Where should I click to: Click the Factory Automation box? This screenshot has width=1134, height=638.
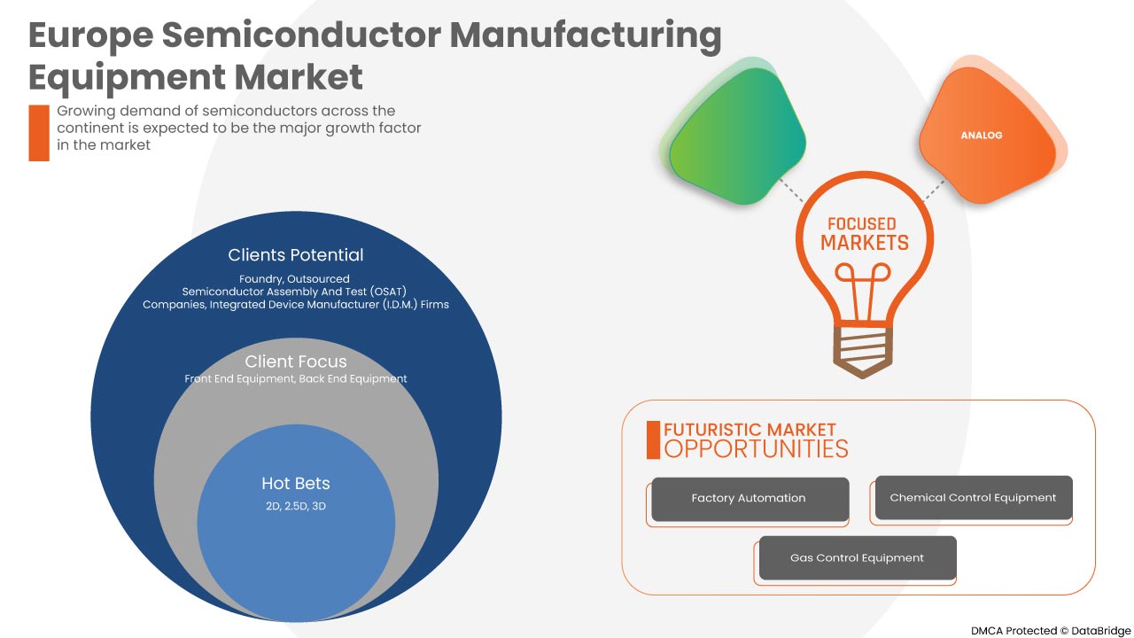[750, 499]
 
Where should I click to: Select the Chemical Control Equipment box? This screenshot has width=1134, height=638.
[973, 498]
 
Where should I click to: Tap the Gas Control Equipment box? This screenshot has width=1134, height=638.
[858, 558]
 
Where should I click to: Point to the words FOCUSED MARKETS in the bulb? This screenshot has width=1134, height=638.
[864, 233]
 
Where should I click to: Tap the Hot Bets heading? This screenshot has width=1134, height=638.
[296, 484]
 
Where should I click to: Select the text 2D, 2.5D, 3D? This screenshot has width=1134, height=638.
[296, 506]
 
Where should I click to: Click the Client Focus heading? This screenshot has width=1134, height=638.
[296, 362]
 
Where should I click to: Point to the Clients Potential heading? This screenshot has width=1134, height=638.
[296, 255]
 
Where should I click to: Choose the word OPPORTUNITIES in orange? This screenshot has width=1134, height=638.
[756, 448]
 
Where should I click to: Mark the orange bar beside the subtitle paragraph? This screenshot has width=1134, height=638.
[39, 133]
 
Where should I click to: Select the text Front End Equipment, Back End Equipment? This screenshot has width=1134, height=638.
[296, 379]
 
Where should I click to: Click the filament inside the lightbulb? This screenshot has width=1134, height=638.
[864, 292]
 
